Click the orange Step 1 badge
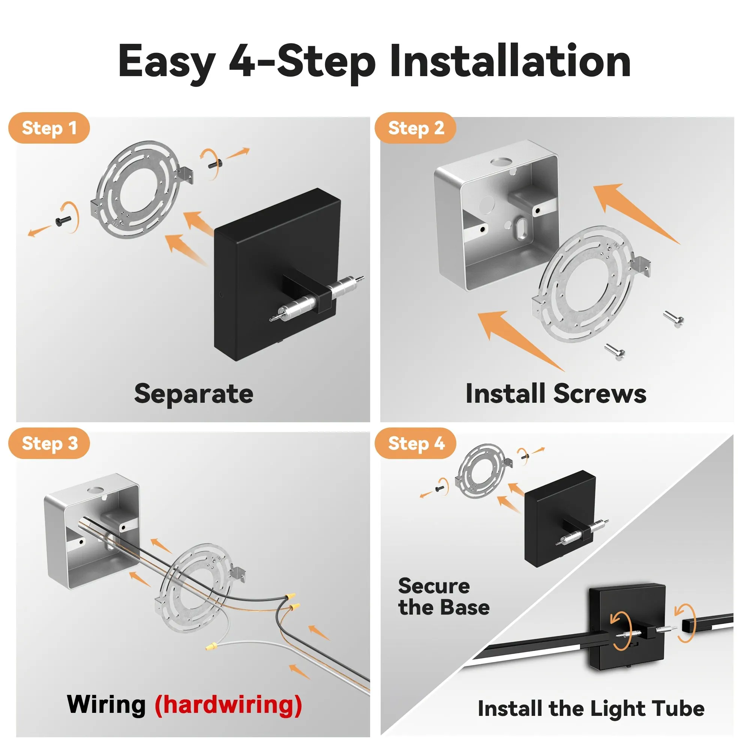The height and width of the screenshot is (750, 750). [x=49, y=128]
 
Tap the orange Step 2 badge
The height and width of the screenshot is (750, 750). [x=415, y=128]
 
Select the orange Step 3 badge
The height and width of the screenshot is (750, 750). [x=49, y=443]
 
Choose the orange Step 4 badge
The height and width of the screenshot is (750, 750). [x=415, y=443]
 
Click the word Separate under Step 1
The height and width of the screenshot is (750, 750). [x=194, y=394]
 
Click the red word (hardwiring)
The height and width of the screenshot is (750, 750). [x=228, y=705]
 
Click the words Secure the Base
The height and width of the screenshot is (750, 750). [x=444, y=597]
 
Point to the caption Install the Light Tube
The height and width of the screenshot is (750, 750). [x=591, y=709]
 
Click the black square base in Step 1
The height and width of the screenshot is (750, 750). [x=277, y=275]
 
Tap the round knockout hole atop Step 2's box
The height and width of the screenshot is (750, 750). [x=500, y=161]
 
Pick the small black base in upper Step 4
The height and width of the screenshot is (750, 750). [x=560, y=519]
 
